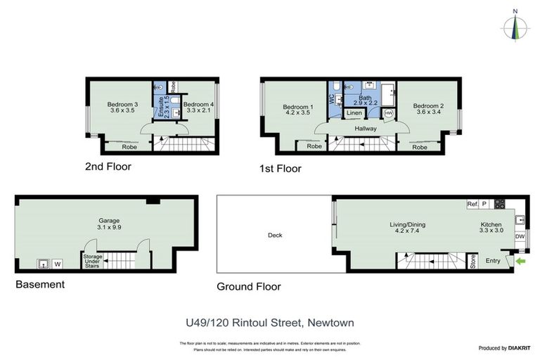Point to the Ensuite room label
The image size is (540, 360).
pyautogui.click(x=161, y=108)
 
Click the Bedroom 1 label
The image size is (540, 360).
pyautogui.click(x=296, y=109)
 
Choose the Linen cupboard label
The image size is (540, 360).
pyautogui.click(x=354, y=113)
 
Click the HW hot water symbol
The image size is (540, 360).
pyautogui.click(x=388, y=113)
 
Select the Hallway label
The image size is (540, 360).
pyautogui.click(x=366, y=129)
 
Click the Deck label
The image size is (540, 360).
pyautogui.click(x=274, y=236)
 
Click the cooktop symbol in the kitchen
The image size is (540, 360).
pyautogui.click(x=499, y=205)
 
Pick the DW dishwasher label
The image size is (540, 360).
pyautogui.click(x=520, y=237)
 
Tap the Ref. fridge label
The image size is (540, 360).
pyautogui.click(x=472, y=205)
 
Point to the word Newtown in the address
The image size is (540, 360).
pyautogui.click(x=330, y=323)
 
